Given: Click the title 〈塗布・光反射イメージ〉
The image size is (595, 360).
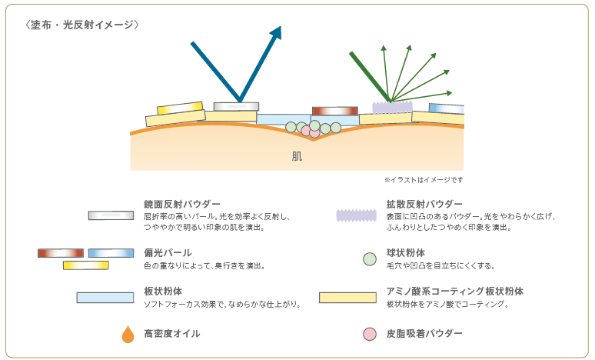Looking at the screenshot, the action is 82,25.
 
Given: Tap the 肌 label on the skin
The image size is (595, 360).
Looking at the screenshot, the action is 297,156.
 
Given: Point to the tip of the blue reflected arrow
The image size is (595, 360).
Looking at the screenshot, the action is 281,27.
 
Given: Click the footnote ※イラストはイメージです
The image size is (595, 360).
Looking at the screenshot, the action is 424,180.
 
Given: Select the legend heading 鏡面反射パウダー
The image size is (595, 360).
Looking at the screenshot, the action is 181,205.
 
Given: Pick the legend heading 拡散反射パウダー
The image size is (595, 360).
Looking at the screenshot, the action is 424,205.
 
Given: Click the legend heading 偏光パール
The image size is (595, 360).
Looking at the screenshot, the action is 168,253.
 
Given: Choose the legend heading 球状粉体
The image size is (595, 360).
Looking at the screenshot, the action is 405,253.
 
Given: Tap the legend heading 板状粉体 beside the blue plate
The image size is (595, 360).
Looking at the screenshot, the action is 163,292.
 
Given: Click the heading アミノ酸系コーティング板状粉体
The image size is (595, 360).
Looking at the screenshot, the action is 454,292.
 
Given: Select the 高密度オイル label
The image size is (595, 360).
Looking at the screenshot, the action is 172,334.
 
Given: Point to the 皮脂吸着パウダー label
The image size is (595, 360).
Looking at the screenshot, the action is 424,334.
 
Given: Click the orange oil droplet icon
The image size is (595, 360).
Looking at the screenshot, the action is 128,335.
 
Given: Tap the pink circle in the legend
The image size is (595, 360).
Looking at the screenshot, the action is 370,334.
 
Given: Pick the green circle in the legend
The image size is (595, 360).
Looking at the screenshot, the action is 370,259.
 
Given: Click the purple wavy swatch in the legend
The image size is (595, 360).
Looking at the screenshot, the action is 357,215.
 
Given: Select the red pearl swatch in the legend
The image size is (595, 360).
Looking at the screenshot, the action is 61,253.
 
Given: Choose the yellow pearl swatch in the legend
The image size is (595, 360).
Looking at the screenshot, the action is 86,265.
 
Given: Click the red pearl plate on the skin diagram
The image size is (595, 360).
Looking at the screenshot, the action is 334,111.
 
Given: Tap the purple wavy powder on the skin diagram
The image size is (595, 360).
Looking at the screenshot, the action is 392,108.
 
